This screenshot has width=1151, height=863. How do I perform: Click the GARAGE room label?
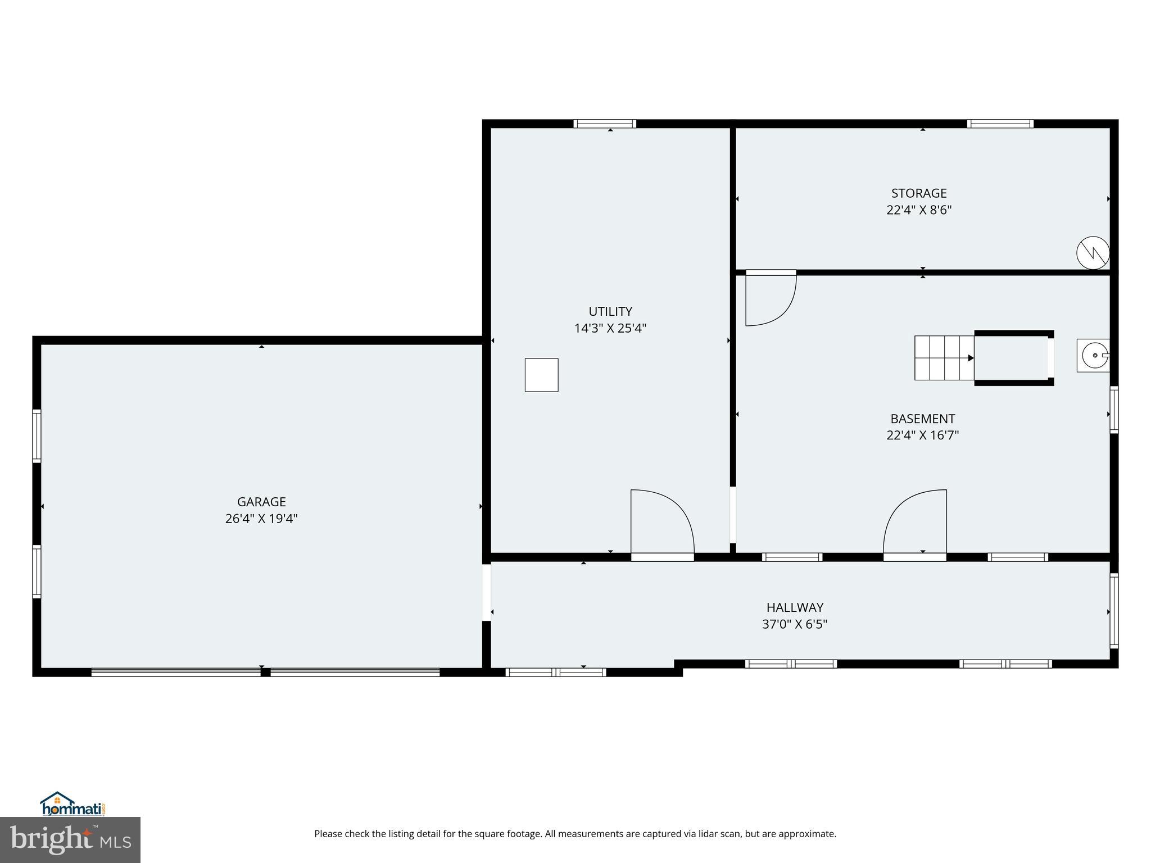(261, 502)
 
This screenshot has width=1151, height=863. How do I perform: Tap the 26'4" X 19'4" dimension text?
(261, 519)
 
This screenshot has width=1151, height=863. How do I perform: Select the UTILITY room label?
(610, 311)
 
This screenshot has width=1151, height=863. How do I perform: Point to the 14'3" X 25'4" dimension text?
(610, 328)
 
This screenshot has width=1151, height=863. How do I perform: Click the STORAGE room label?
(919, 193)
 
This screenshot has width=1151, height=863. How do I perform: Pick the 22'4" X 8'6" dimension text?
(919, 210)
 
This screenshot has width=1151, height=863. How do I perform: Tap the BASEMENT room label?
(922, 419)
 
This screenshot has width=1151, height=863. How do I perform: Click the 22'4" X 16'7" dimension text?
(922, 435)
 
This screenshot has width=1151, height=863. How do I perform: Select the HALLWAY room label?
(795, 607)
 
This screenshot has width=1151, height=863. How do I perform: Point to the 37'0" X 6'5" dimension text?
(795, 624)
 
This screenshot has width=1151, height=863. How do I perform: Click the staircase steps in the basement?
(944, 358)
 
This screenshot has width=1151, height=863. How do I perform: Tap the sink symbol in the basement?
(1093, 355)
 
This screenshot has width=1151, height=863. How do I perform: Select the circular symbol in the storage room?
(1093, 253)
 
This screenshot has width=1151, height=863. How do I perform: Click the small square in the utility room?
(541, 375)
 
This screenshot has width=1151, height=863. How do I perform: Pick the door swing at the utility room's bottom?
(661, 523)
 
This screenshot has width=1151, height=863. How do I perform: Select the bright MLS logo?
(70, 839)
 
